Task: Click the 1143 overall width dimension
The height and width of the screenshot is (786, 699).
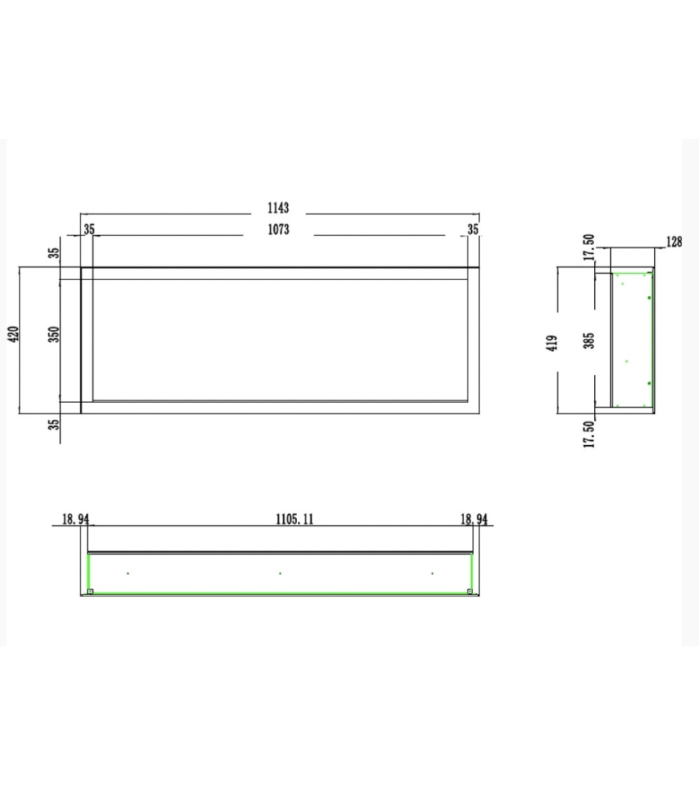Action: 278,208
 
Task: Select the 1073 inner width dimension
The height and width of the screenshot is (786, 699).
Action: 278,229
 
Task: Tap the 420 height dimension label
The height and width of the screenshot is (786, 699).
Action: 13,335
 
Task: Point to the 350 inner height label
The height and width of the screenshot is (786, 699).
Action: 54,335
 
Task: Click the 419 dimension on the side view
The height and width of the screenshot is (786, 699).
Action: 552,343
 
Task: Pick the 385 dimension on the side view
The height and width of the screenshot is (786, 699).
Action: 589,340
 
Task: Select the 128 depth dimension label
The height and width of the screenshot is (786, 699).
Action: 675,242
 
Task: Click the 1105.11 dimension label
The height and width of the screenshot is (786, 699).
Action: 295,519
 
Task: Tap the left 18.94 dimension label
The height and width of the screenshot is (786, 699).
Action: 75,519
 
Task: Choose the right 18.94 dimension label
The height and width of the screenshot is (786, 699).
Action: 474,519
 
